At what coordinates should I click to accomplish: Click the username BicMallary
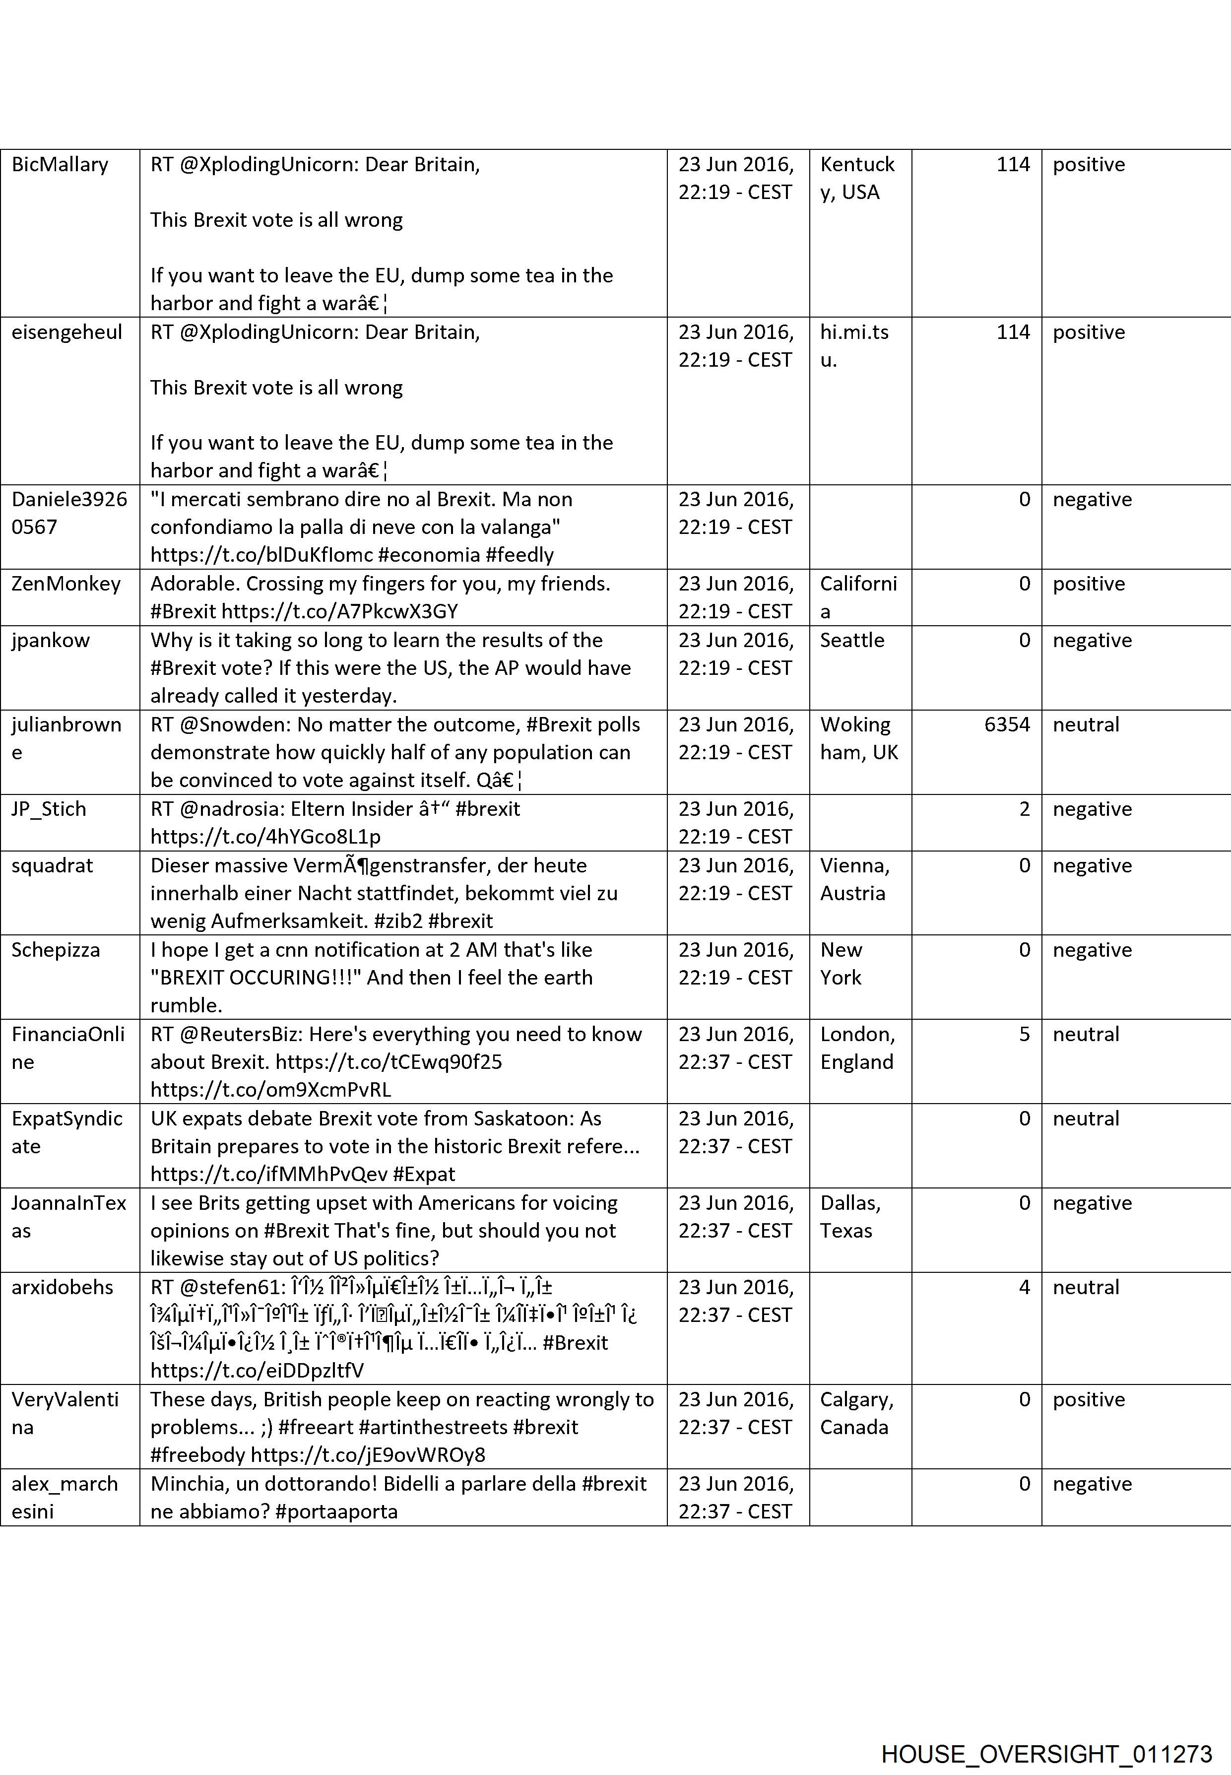(60, 164)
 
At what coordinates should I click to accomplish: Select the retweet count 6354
(1007, 724)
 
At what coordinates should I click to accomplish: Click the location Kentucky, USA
(857, 178)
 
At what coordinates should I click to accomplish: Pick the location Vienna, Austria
(854, 879)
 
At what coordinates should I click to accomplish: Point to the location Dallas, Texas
(850, 1217)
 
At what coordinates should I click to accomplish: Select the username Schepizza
(56, 950)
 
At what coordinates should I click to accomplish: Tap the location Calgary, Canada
(856, 1413)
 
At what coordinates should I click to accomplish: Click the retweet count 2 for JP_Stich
(1024, 808)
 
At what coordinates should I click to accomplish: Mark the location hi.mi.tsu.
(854, 345)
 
